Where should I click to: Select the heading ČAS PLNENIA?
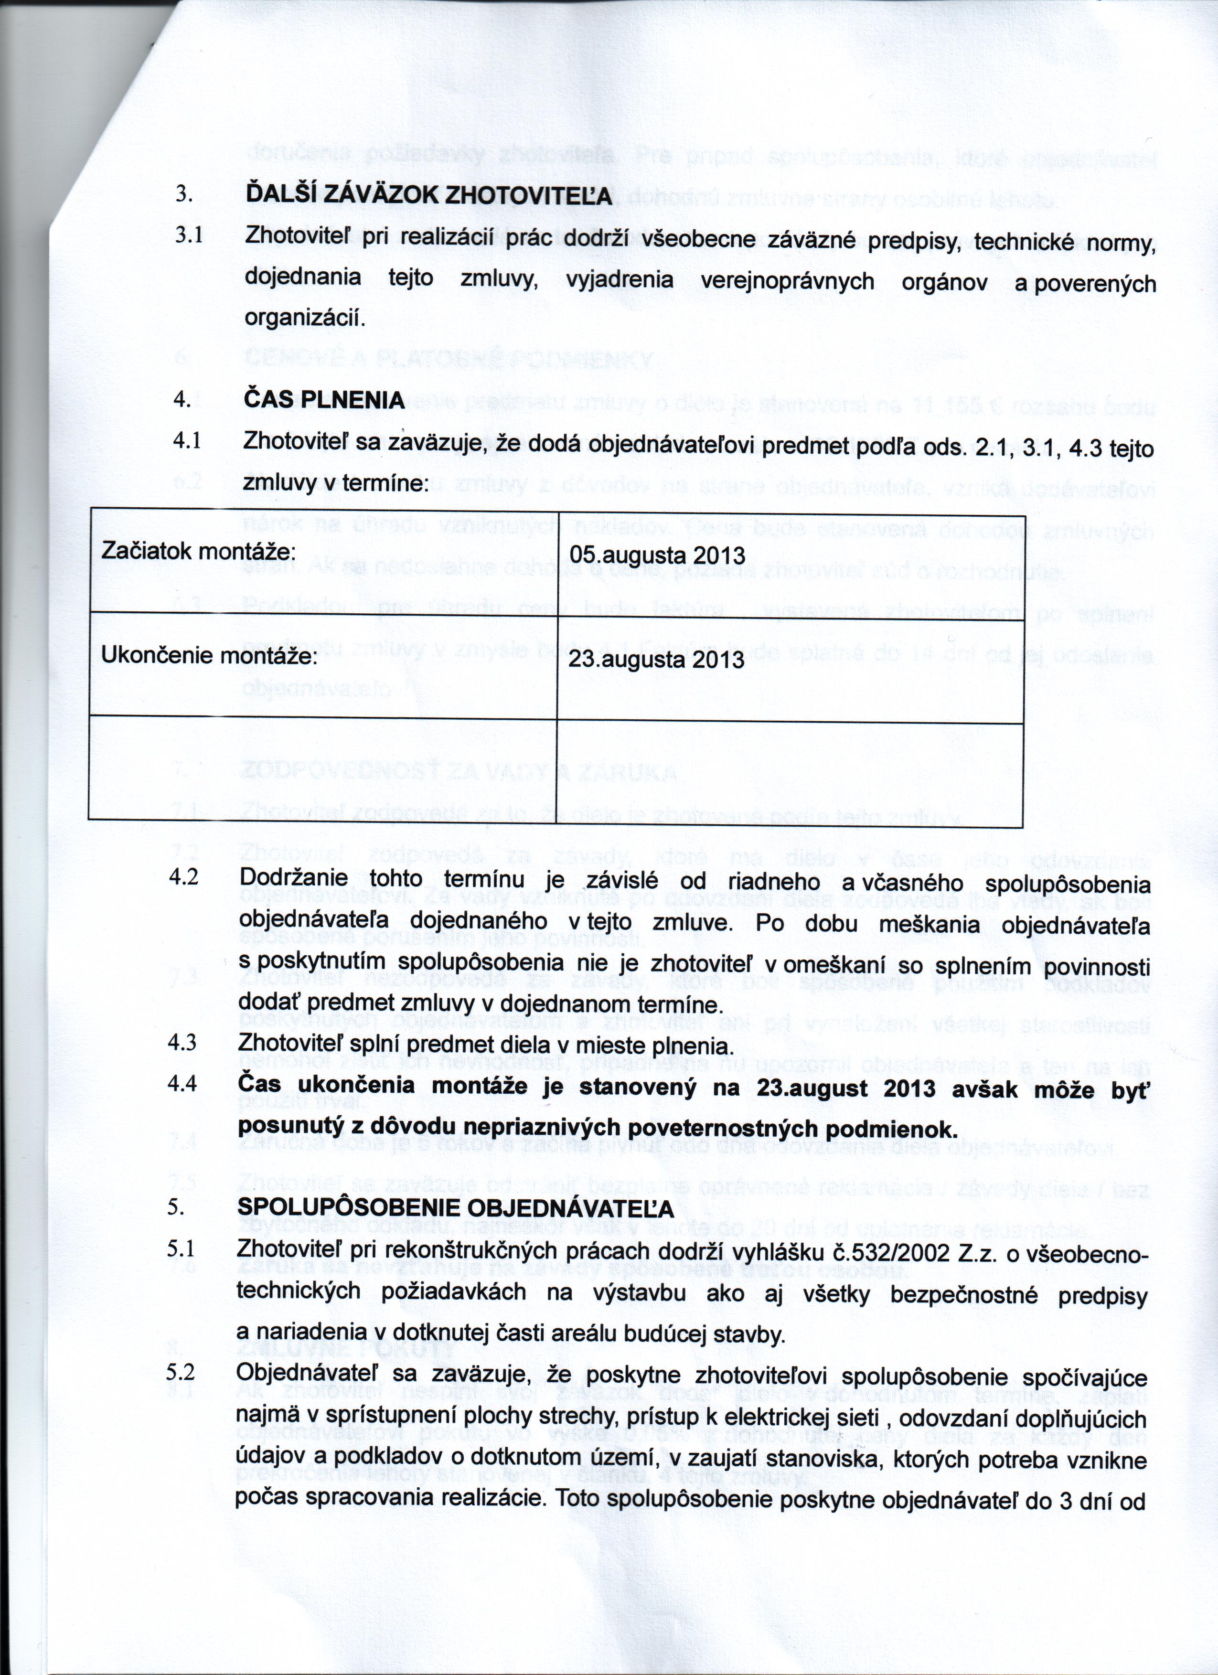pos(324,400)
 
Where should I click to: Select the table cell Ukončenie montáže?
pos(209,655)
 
